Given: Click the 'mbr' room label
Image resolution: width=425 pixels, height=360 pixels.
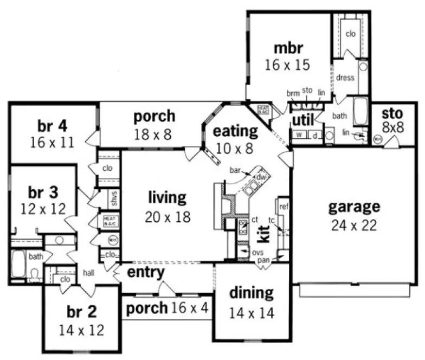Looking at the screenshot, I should [x=288, y=47].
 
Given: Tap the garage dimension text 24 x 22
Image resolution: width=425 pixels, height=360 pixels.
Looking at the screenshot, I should [x=354, y=225].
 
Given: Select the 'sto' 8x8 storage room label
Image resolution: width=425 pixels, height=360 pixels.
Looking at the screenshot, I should [x=392, y=113].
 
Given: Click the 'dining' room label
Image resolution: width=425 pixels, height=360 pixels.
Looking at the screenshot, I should [x=251, y=293].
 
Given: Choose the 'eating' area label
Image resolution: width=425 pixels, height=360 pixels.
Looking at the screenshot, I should [x=235, y=131].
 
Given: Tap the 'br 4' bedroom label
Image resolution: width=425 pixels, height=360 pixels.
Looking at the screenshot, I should [x=53, y=126].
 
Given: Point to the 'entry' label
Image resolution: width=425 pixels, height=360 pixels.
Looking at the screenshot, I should [x=146, y=272].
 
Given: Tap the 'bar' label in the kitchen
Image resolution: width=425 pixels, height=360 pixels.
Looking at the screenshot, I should [x=234, y=170].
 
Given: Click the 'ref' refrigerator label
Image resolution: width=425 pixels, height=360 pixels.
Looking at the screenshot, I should [x=283, y=207].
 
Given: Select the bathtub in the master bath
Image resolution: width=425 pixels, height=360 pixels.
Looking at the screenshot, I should [x=361, y=111].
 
